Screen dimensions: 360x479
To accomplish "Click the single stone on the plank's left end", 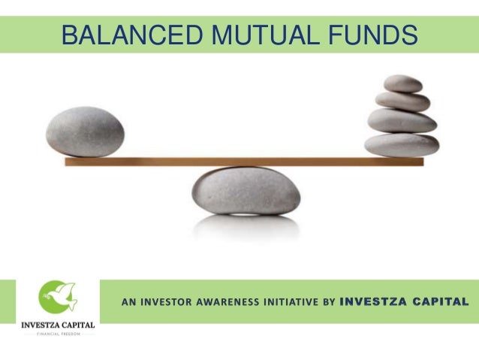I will pos(84,131).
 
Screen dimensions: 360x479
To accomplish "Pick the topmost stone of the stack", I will pos(402,83).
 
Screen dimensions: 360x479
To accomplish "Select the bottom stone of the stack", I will pos(402,144).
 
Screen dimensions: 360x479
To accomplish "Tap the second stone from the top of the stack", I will pos(402,101).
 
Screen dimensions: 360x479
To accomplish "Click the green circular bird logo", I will pos(57,296).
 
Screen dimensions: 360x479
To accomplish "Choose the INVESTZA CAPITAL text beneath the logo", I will pos(57,325).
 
